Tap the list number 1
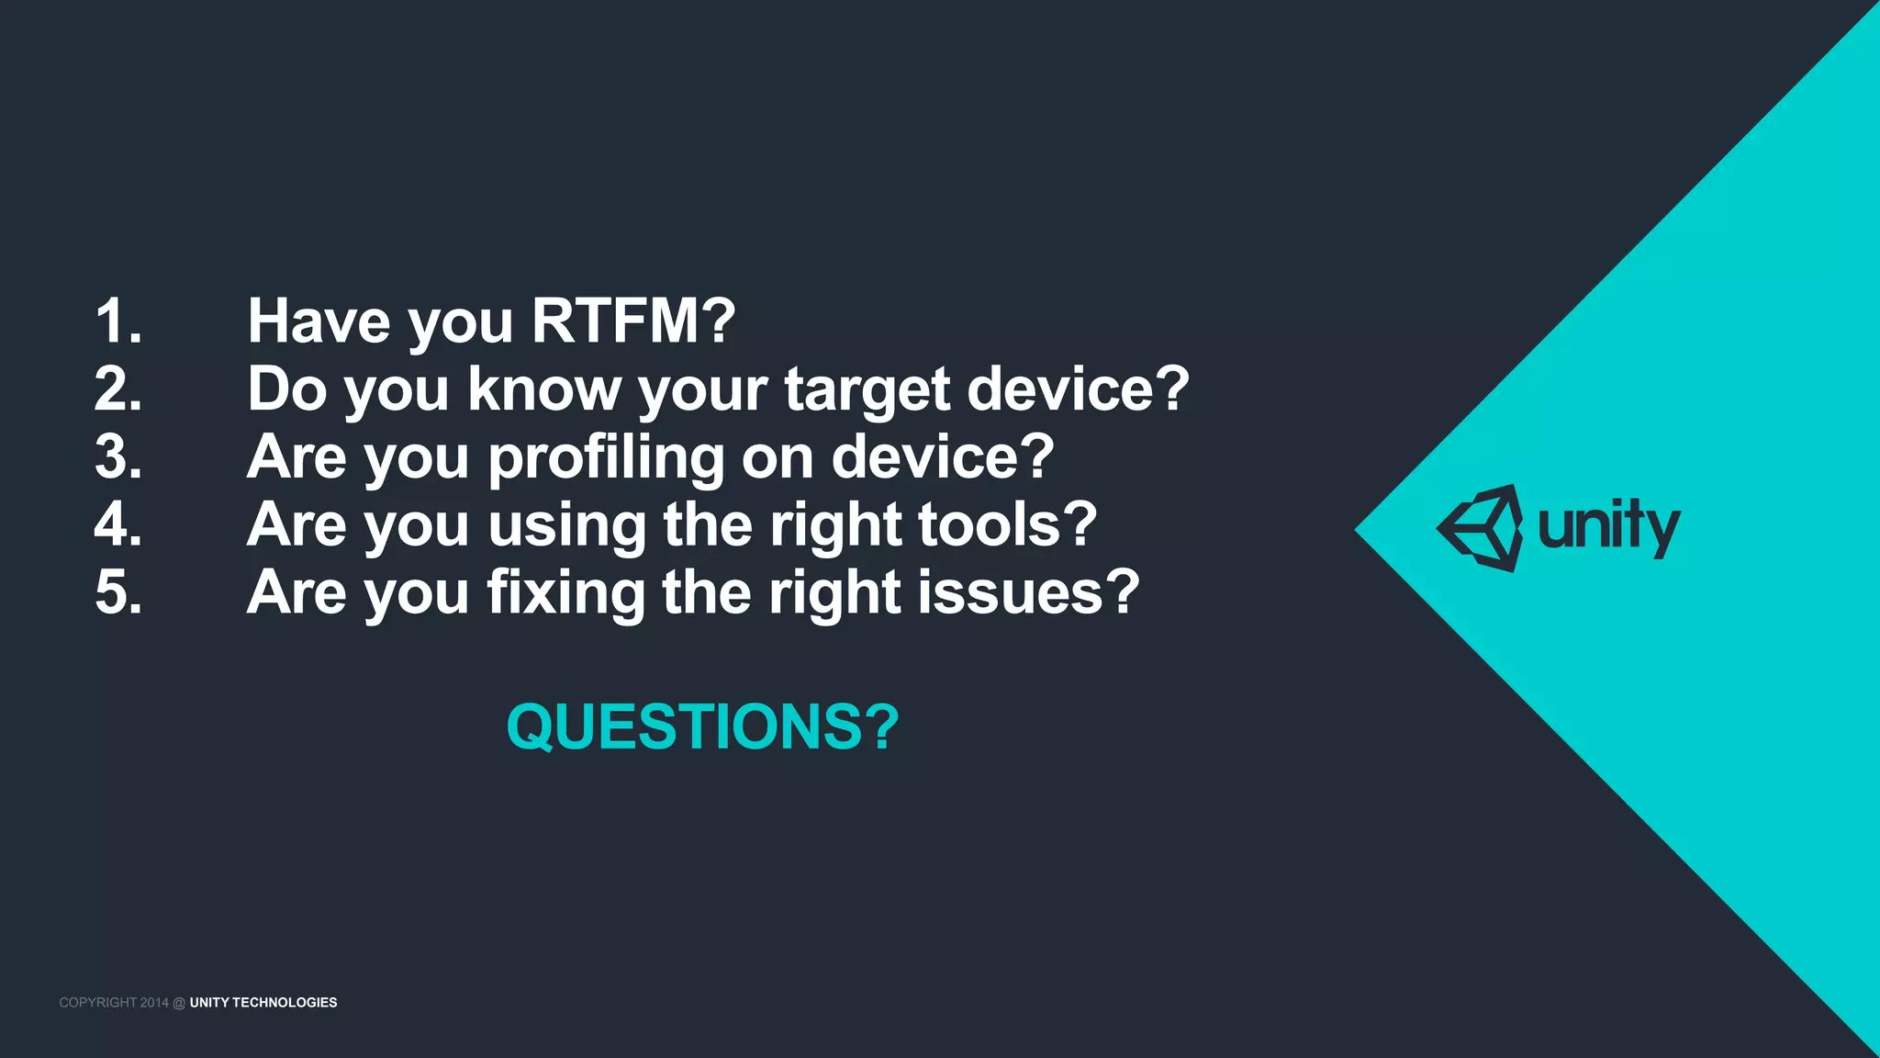click(x=118, y=321)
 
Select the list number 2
click(x=118, y=389)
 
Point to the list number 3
click(x=118, y=456)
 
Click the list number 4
click(x=118, y=524)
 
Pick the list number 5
click(x=118, y=592)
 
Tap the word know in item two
click(x=544, y=389)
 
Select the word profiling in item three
click(x=606, y=458)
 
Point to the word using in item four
click(x=566, y=526)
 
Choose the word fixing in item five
click(x=566, y=593)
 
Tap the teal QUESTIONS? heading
click(x=702, y=727)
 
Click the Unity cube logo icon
click(x=1481, y=528)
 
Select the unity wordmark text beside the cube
click(x=1608, y=528)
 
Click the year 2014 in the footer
click(x=154, y=1003)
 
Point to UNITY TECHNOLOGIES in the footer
click(x=263, y=1003)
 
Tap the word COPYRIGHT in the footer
click(x=97, y=1003)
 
